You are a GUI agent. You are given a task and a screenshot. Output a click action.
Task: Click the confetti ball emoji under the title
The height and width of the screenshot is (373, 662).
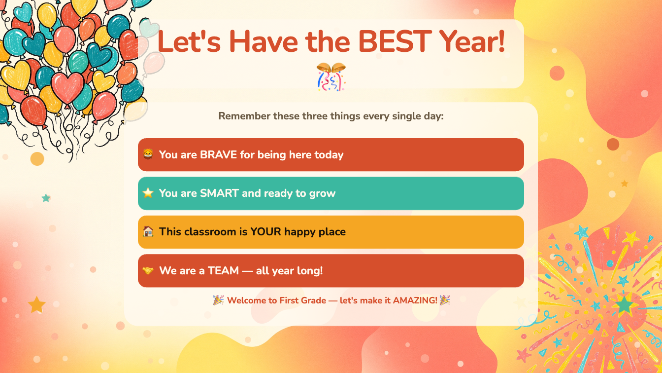331,76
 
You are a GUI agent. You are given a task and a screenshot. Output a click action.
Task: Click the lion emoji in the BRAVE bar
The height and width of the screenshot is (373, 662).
148,154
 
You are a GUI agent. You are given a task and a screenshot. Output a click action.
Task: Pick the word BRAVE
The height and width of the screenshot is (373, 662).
218,155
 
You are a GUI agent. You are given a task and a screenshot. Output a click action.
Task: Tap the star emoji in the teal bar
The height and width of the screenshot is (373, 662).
148,193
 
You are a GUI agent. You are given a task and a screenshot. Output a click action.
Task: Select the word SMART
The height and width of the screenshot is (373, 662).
219,193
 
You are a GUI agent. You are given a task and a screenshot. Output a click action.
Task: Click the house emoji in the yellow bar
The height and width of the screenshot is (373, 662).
148,231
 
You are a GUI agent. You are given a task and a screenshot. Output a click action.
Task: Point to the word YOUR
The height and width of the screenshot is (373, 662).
265,232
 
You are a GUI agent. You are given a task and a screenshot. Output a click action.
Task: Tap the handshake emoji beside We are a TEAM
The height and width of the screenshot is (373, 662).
148,270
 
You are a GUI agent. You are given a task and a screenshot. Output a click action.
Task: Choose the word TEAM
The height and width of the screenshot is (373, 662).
223,270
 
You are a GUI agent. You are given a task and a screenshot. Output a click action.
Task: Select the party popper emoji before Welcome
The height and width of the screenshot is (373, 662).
218,300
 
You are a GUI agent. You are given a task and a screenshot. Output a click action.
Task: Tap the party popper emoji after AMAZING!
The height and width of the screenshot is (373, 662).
445,300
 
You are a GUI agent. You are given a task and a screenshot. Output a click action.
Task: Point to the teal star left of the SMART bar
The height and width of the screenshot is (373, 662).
46,198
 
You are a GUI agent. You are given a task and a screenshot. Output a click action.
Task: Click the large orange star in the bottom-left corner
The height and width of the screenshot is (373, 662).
36,304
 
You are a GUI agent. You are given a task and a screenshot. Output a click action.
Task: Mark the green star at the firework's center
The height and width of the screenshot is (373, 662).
624,304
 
